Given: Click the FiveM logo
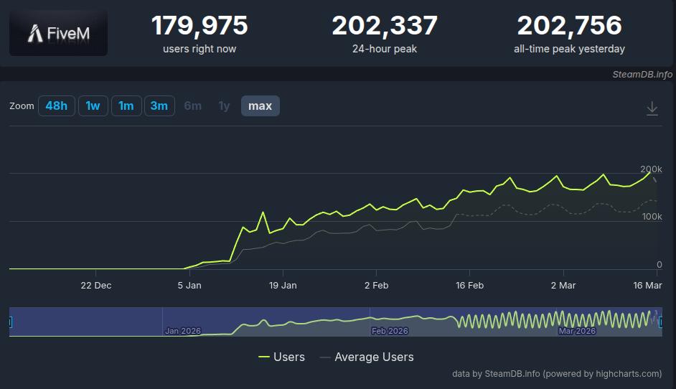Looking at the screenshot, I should tap(58, 33).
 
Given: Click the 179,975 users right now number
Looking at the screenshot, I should tap(199, 27).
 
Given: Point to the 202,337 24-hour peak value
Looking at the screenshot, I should tap(385, 27).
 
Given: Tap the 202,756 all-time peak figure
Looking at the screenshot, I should tap(569, 27).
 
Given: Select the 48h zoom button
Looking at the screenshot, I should tap(57, 106).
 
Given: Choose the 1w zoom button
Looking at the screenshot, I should tap(93, 106).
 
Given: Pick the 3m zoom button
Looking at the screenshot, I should tap(159, 106).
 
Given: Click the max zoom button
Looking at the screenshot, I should tap(260, 106).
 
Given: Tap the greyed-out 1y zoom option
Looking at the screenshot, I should tap(224, 106).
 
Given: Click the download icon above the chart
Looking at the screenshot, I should tap(652, 108).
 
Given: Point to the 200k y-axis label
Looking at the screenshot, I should tap(651, 169).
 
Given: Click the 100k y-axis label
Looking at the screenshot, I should tap(651, 217).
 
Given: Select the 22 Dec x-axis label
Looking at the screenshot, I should tap(96, 285).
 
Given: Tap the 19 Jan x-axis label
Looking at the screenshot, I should tap(283, 285).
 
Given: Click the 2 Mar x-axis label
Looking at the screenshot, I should tap(563, 285).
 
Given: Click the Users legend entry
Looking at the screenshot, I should tap(281, 357).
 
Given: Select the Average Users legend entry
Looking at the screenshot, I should tap(366, 357).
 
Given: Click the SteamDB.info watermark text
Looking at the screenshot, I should tap(642, 74).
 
